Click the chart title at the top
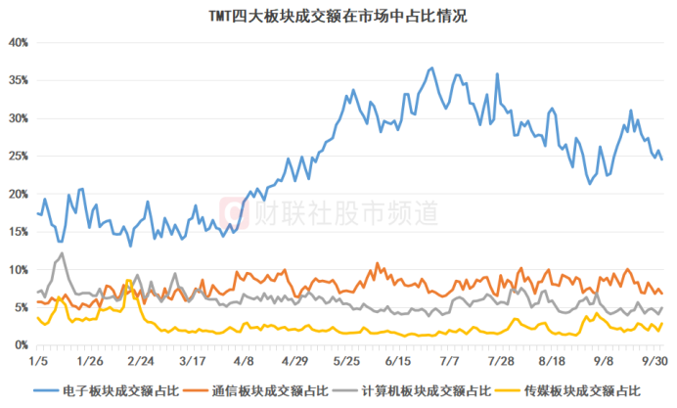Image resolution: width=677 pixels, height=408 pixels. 338,17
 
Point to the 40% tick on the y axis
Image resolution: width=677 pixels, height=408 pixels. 19,43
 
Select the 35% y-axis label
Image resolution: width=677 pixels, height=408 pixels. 19,81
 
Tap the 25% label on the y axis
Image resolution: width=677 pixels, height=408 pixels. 19,157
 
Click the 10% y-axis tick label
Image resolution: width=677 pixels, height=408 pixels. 19,270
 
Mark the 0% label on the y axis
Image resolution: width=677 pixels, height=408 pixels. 21,345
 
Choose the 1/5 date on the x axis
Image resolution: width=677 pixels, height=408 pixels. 38,361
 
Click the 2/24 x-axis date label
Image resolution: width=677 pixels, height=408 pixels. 141,361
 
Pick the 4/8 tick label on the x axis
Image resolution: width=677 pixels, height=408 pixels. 244,361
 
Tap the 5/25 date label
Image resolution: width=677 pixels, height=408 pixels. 346,361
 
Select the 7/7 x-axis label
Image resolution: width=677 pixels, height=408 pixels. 449,361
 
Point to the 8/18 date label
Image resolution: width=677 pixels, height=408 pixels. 552,361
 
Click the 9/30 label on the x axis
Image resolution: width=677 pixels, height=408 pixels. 654,361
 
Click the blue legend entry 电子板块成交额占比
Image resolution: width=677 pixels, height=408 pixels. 107,391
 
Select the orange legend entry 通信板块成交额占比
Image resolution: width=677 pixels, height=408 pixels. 256,391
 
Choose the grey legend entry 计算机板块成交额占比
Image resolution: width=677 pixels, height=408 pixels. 413,391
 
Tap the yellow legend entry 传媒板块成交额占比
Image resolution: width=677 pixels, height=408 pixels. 568,391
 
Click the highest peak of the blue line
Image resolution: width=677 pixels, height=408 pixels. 432,68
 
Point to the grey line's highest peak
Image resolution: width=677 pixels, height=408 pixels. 63,253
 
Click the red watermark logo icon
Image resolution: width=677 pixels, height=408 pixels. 235,213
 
